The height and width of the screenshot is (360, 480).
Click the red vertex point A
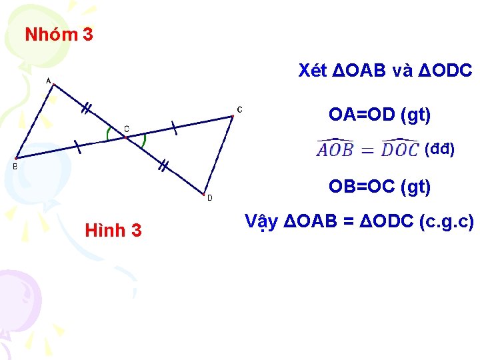click(53, 84)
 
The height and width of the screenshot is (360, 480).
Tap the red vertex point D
click(203, 195)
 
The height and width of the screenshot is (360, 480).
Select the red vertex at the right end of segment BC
click(232, 117)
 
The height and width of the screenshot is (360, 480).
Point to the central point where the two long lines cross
click(127, 137)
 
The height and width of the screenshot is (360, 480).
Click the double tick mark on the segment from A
click(86, 109)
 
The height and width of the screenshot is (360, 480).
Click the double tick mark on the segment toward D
click(162, 165)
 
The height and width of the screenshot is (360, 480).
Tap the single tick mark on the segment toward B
click(77, 147)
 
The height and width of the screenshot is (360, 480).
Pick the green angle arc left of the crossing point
click(109, 134)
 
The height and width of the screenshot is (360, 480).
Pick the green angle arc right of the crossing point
click(145, 141)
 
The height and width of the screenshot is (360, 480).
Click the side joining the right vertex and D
click(218, 156)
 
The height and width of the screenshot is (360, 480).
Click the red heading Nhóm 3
click(59, 35)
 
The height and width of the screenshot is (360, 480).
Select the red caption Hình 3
click(113, 231)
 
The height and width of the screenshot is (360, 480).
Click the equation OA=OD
click(380, 115)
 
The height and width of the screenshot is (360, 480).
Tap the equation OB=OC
click(380, 187)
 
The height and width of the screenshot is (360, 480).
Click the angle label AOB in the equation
click(335, 149)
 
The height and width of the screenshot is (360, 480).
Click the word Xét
click(313, 70)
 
